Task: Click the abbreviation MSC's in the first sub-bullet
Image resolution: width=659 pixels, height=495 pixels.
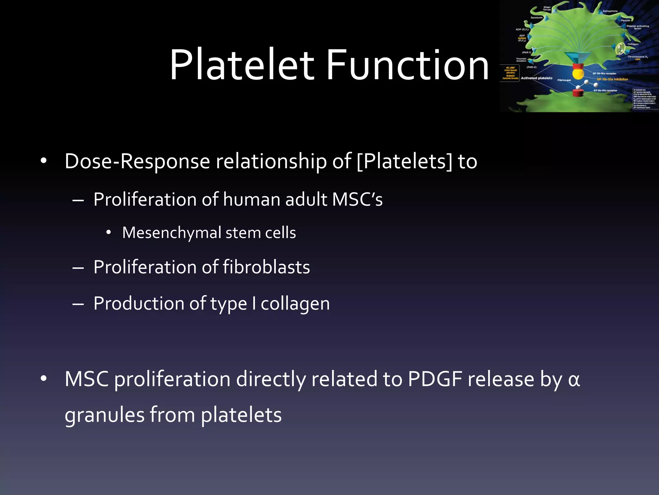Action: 357,199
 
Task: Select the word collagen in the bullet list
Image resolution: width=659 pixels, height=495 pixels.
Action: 295,304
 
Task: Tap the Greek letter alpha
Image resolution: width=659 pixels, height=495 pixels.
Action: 574,380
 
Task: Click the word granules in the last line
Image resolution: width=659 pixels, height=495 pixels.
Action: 104,415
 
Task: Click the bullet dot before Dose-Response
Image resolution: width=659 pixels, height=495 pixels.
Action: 44,161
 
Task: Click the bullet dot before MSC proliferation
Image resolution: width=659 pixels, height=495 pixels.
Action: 44,379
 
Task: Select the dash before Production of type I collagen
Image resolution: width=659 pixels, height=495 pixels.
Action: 78,304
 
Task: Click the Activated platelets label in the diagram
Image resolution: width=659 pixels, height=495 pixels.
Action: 536,78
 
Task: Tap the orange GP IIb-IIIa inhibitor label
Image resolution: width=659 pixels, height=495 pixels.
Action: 612,79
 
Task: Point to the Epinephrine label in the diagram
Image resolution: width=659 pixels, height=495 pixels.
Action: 610,11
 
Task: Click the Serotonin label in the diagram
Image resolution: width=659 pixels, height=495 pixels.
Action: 536,18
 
